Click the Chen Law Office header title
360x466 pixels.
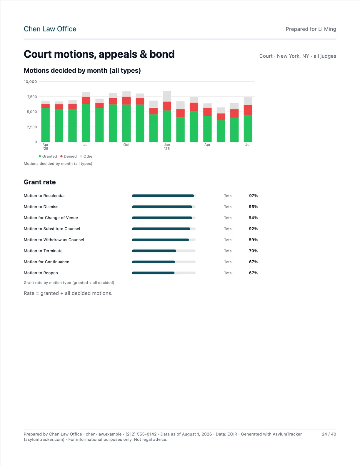[x=50, y=29]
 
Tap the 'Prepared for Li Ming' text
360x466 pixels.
[x=311, y=29]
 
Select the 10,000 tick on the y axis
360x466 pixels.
[x=30, y=81]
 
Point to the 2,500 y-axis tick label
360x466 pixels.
[x=32, y=127]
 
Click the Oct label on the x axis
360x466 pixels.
[x=126, y=145]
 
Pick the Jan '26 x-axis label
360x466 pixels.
[x=167, y=147]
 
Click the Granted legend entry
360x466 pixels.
[x=48, y=156]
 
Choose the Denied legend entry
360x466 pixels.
[x=69, y=156]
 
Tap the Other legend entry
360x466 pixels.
[x=87, y=156]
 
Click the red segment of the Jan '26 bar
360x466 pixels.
[x=167, y=106]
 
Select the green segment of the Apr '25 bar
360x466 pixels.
[x=46, y=125]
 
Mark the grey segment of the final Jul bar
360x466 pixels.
[x=248, y=101]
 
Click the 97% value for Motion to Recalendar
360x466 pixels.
[x=254, y=196]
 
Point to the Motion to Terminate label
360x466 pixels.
[x=43, y=251]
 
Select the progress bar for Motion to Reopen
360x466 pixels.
[x=164, y=273]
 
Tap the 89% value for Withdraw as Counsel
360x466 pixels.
[x=253, y=240]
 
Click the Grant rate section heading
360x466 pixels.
[x=40, y=182]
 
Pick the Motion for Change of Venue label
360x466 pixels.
[x=51, y=218]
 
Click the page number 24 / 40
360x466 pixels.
[x=329, y=434]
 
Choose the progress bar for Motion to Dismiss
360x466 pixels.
[x=164, y=207]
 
